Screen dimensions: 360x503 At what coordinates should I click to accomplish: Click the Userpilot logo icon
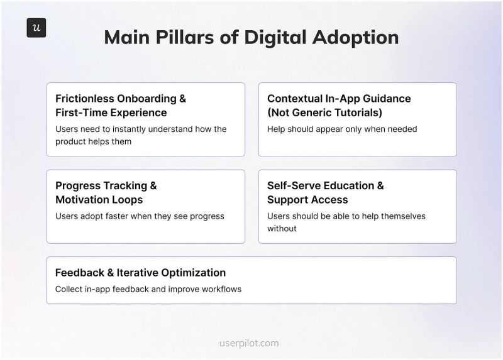pyautogui.click(x=36, y=28)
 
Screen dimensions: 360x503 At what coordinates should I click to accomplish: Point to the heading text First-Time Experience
pyautogui.click(x=111, y=113)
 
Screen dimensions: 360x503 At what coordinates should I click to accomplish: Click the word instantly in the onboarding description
pyautogui.click(x=128, y=129)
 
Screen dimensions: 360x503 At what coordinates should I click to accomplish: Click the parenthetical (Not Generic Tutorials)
pyautogui.click(x=324, y=113)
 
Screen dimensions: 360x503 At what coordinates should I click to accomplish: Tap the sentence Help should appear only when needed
pyautogui.click(x=342, y=129)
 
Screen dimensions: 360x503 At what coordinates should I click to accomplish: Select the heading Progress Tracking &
pyautogui.click(x=106, y=185)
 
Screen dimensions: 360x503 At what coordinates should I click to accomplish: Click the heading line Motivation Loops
pyautogui.click(x=99, y=200)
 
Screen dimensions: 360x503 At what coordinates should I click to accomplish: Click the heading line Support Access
pyautogui.click(x=307, y=200)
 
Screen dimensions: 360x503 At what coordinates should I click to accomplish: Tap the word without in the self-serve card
pyautogui.click(x=282, y=229)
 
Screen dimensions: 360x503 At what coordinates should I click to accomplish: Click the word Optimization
pyautogui.click(x=192, y=273)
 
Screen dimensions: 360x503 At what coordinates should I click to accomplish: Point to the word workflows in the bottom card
pyautogui.click(x=221, y=289)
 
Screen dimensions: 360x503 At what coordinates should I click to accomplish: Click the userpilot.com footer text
pyautogui.click(x=250, y=343)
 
